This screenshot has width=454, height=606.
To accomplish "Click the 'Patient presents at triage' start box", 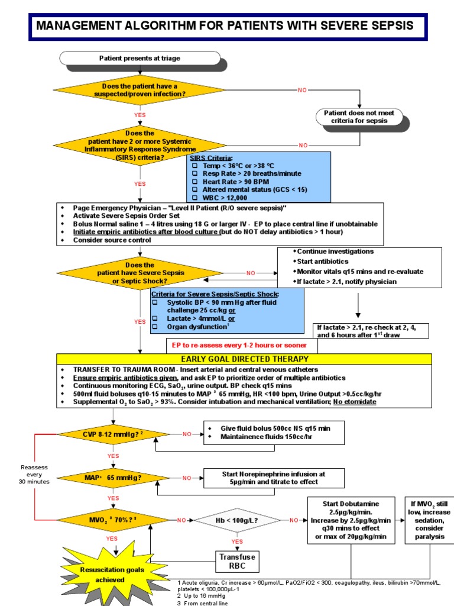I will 140,59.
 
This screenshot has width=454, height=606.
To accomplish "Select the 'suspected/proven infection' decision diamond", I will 140,90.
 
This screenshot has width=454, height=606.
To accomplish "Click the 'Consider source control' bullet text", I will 109,240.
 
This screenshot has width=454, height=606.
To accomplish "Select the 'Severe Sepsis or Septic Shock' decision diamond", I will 140,273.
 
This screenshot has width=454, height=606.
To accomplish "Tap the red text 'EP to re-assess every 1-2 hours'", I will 239,345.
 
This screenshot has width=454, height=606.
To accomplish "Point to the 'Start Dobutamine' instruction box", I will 351,520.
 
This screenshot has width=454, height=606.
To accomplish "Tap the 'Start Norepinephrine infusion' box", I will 274,478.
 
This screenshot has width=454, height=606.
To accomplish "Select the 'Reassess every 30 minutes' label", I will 34,474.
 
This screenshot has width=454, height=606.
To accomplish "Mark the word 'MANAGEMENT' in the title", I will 85,27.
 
